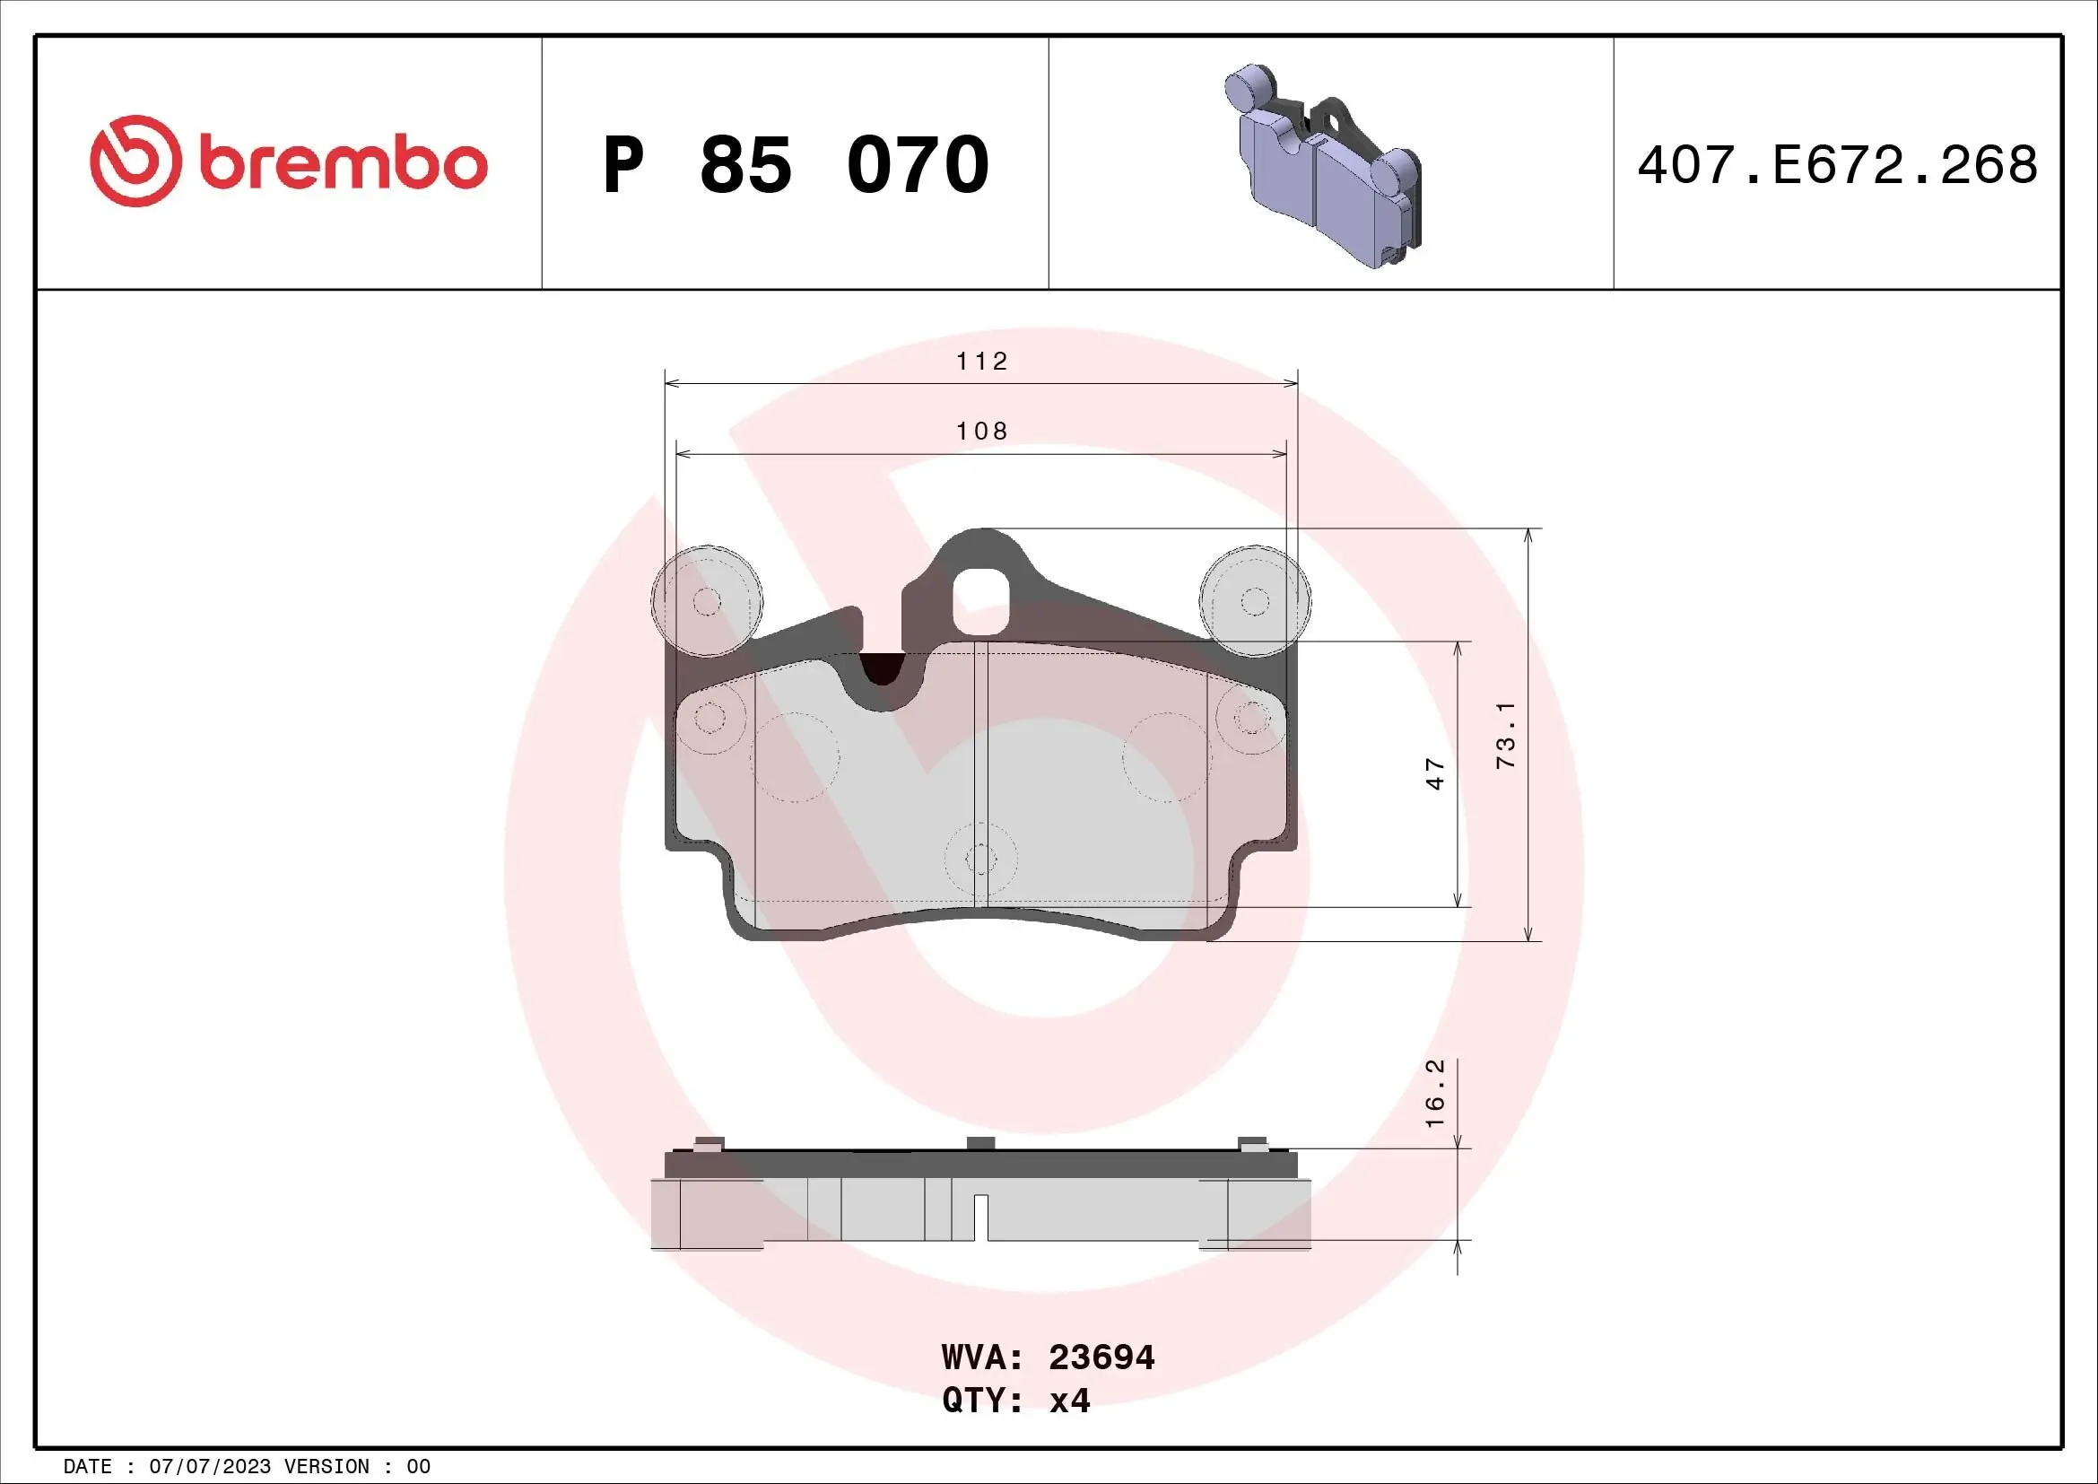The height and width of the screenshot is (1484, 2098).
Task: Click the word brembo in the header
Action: [x=343, y=163]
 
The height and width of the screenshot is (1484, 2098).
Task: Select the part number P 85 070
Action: [x=795, y=165]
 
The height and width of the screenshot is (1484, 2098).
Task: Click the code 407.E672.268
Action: [x=1837, y=165]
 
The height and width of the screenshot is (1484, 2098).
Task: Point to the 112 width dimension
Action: [x=981, y=362]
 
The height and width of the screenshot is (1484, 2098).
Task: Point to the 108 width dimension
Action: [x=981, y=431]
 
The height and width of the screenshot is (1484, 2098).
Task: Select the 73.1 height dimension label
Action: [x=1505, y=735]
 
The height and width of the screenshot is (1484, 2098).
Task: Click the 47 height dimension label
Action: [x=1435, y=773]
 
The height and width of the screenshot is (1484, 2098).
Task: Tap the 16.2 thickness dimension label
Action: [x=1434, y=1093]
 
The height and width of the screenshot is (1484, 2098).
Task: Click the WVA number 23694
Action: [x=1101, y=1357]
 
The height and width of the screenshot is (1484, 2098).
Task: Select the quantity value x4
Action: [x=1069, y=1400]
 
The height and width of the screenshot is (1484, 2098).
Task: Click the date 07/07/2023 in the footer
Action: [x=209, y=1467]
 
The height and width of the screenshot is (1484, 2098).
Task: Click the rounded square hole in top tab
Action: [x=980, y=600]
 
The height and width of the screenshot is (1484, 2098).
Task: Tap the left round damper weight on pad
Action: [x=706, y=600]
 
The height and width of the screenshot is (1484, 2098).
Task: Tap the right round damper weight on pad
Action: [x=1255, y=600]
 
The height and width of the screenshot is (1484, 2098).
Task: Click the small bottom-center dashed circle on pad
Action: [x=980, y=859]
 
